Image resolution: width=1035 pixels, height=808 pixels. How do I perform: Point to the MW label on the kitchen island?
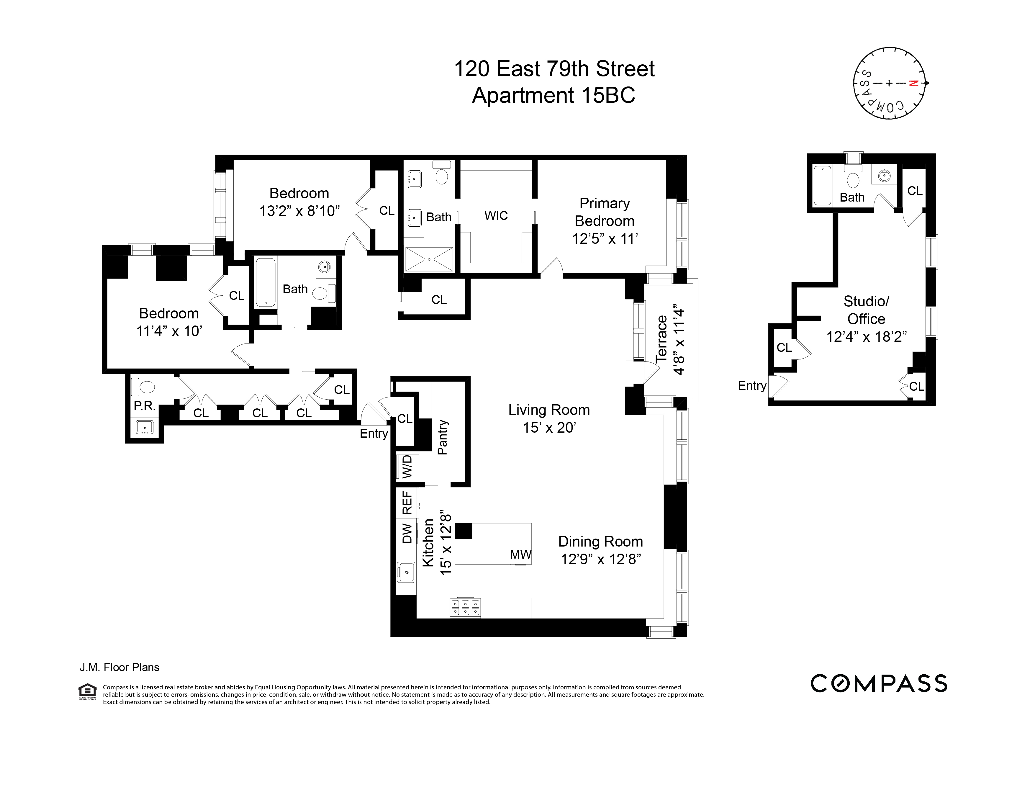[x=520, y=555]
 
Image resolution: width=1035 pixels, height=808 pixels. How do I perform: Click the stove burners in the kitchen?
[x=465, y=608]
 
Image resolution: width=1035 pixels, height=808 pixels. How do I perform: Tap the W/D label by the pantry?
[x=407, y=467]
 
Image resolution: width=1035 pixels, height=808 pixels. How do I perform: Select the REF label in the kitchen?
[x=407, y=502]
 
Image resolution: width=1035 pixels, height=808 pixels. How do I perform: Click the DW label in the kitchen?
[x=407, y=533]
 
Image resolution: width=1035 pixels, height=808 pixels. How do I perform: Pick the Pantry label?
[x=442, y=437]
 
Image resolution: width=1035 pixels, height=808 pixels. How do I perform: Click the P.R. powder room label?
[x=145, y=406]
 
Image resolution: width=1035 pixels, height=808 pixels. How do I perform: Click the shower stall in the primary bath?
[x=429, y=259]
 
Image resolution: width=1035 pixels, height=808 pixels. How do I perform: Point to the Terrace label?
[x=661, y=339]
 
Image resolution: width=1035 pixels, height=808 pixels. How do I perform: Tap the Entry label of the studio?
[x=751, y=386]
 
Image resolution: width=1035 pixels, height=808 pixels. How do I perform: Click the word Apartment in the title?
[x=523, y=95]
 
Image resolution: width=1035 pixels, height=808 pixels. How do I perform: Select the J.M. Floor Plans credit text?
[x=119, y=667]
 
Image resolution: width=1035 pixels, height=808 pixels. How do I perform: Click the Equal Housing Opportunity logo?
[x=87, y=691]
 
